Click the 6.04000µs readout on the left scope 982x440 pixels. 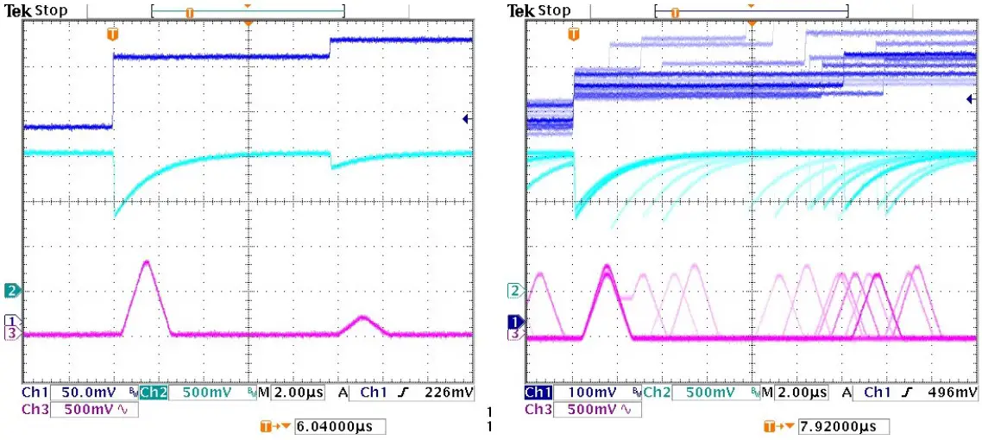pos(339,427)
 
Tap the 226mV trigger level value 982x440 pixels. pos(454,393)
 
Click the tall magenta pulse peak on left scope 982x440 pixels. pos(146,261)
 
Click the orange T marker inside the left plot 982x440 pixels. pos(112,35)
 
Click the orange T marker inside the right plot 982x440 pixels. pos(574,35)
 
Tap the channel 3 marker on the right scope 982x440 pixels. pos(515,333)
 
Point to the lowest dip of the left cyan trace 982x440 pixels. pos(115,216)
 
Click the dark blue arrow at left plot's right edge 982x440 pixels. pos(467,119)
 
